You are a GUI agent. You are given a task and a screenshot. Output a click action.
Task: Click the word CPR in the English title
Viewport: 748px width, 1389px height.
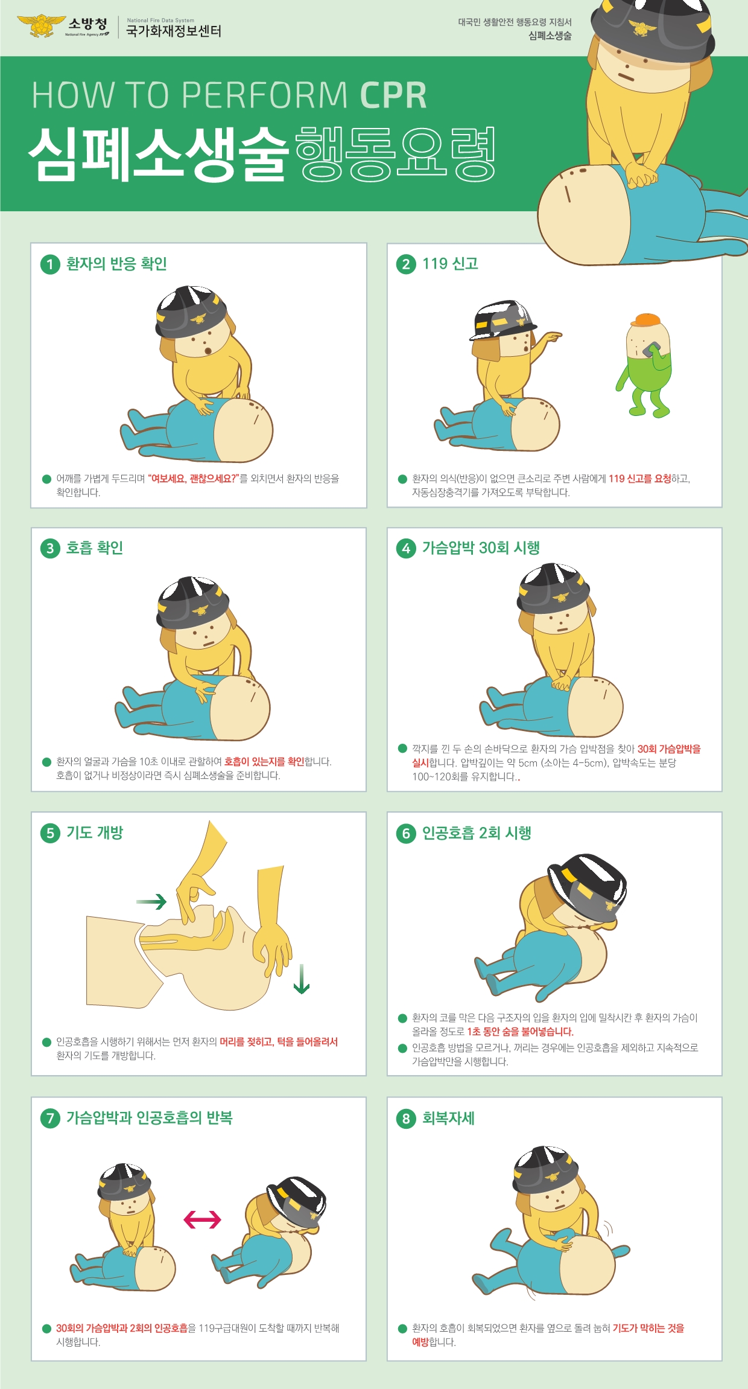[393, 95]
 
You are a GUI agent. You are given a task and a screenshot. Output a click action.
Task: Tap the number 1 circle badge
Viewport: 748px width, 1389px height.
[50, 264]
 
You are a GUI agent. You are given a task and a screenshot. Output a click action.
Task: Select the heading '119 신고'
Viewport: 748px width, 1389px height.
[450, 264]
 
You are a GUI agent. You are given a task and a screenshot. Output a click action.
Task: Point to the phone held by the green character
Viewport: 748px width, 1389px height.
[651, 350]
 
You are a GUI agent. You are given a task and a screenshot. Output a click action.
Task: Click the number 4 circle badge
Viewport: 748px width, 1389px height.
[406, 548]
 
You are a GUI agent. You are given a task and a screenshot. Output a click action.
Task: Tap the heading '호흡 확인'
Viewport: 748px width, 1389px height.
[95, 548]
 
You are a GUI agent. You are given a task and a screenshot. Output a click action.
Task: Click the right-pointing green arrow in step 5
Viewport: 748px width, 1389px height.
[151, 902]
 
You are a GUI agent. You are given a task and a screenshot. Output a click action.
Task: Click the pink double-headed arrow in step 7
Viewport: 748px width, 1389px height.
[202, 1220]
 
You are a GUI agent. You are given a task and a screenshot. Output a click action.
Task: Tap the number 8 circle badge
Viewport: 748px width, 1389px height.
[406, 1119]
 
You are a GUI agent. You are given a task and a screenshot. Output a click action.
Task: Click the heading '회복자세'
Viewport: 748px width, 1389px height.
[448, 1118]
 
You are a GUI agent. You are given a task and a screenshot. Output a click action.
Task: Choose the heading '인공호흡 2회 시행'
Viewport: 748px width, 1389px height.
[477, 833]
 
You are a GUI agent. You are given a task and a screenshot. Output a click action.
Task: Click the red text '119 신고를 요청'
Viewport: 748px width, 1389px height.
[639, 479]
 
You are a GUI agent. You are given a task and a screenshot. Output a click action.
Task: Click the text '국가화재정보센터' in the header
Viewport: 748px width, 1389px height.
[174, 31]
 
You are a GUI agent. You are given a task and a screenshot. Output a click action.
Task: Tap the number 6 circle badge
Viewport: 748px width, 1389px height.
[406, 834]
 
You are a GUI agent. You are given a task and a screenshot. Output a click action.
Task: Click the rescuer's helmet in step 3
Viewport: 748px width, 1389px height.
[193, 601]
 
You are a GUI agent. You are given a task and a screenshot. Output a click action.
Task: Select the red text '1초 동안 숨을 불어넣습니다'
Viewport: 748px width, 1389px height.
[520, 1032]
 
